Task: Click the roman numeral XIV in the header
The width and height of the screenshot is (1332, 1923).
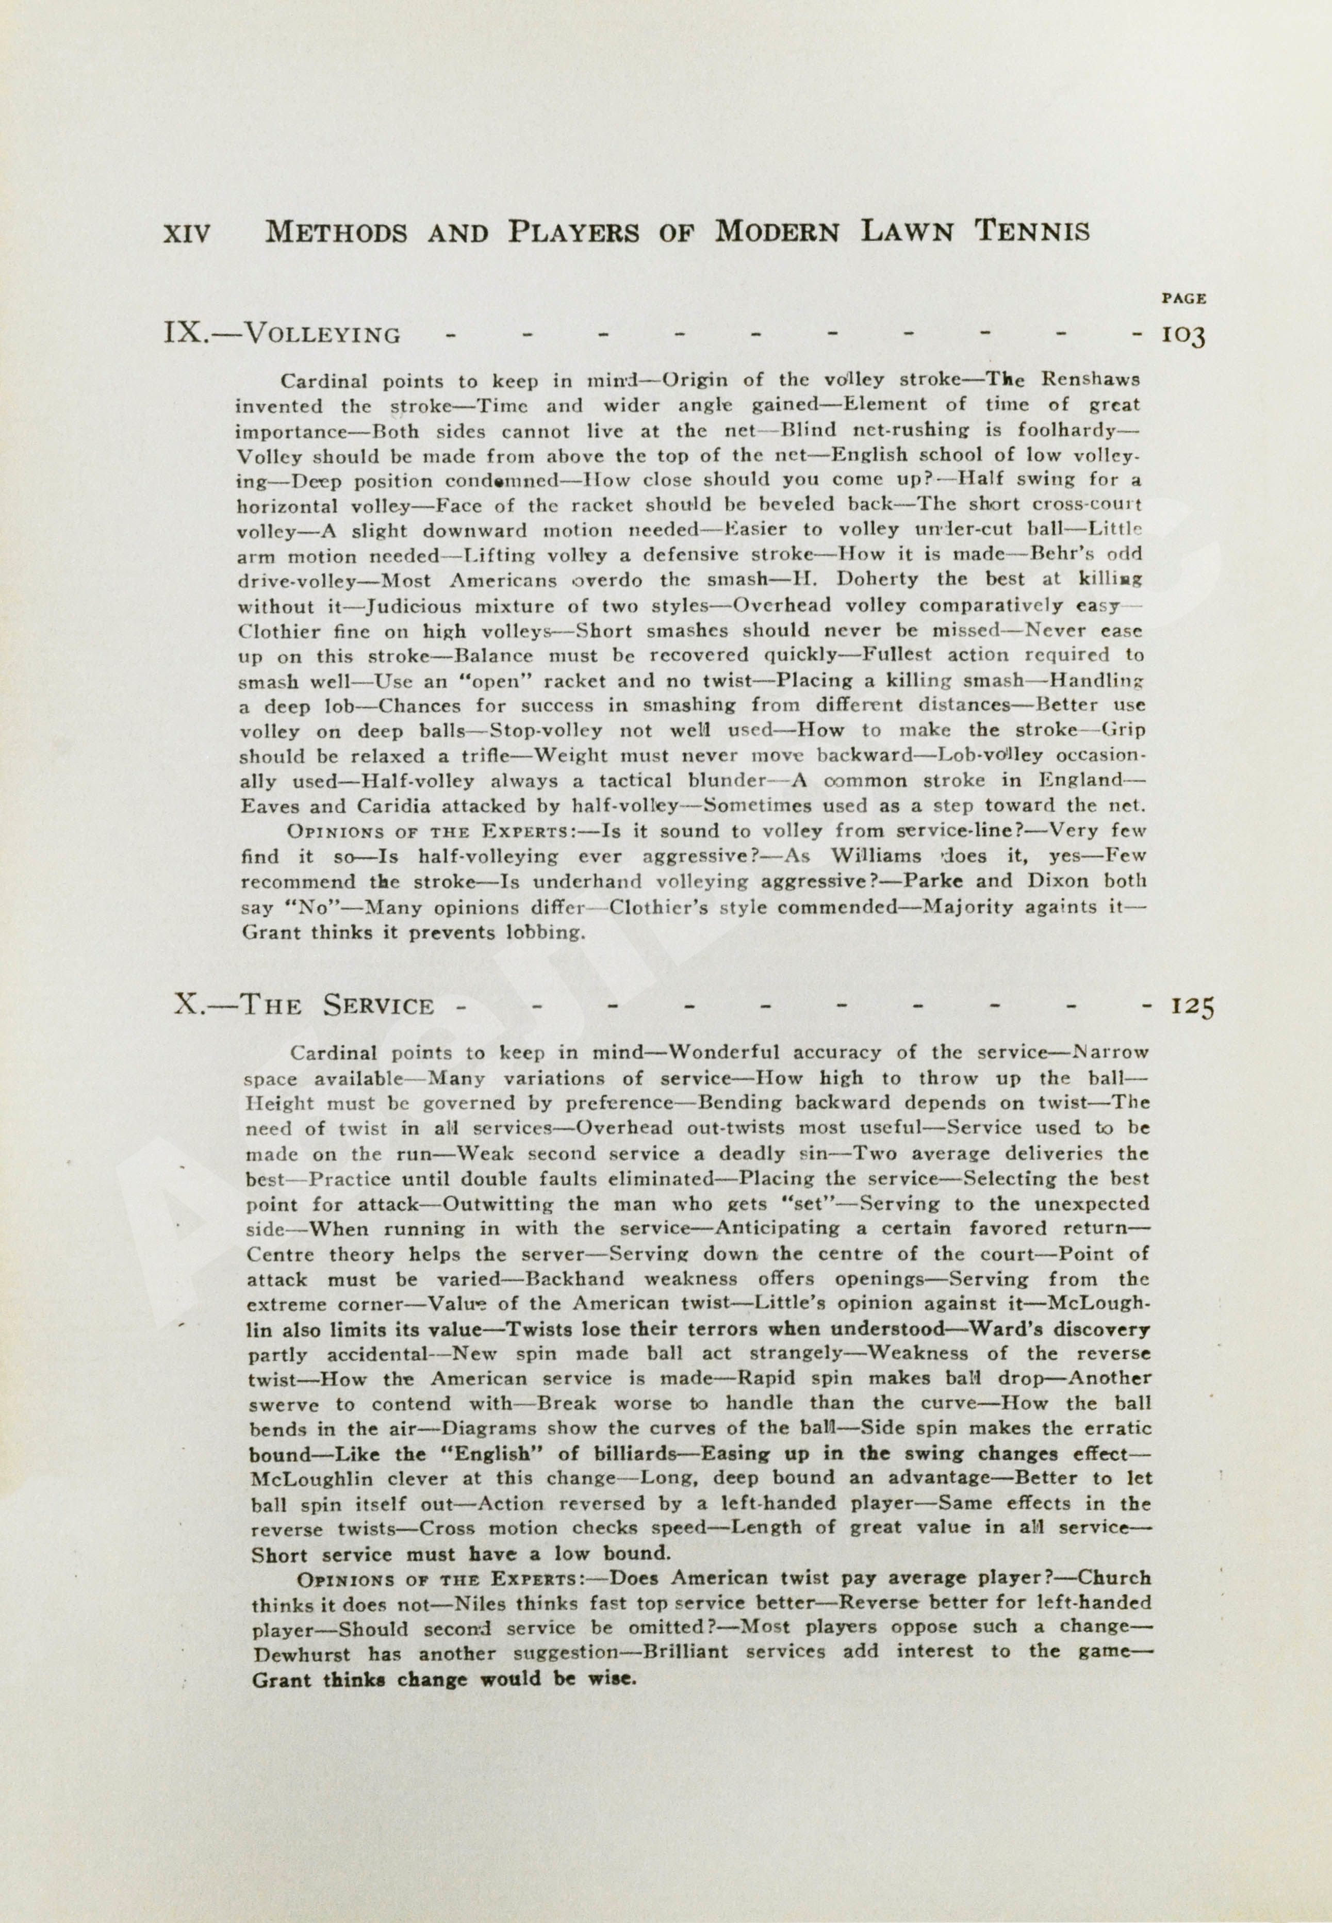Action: coord(187,234)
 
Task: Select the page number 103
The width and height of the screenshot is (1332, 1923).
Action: coord(1183,336)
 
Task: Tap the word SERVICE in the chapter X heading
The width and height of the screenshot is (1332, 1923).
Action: coord(379,1005)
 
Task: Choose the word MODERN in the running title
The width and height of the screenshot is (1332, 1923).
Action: coord(776,231)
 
